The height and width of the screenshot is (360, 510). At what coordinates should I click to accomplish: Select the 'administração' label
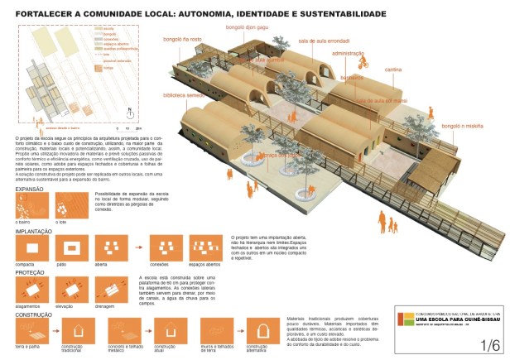pyautogui.click(x=348, y=51)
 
